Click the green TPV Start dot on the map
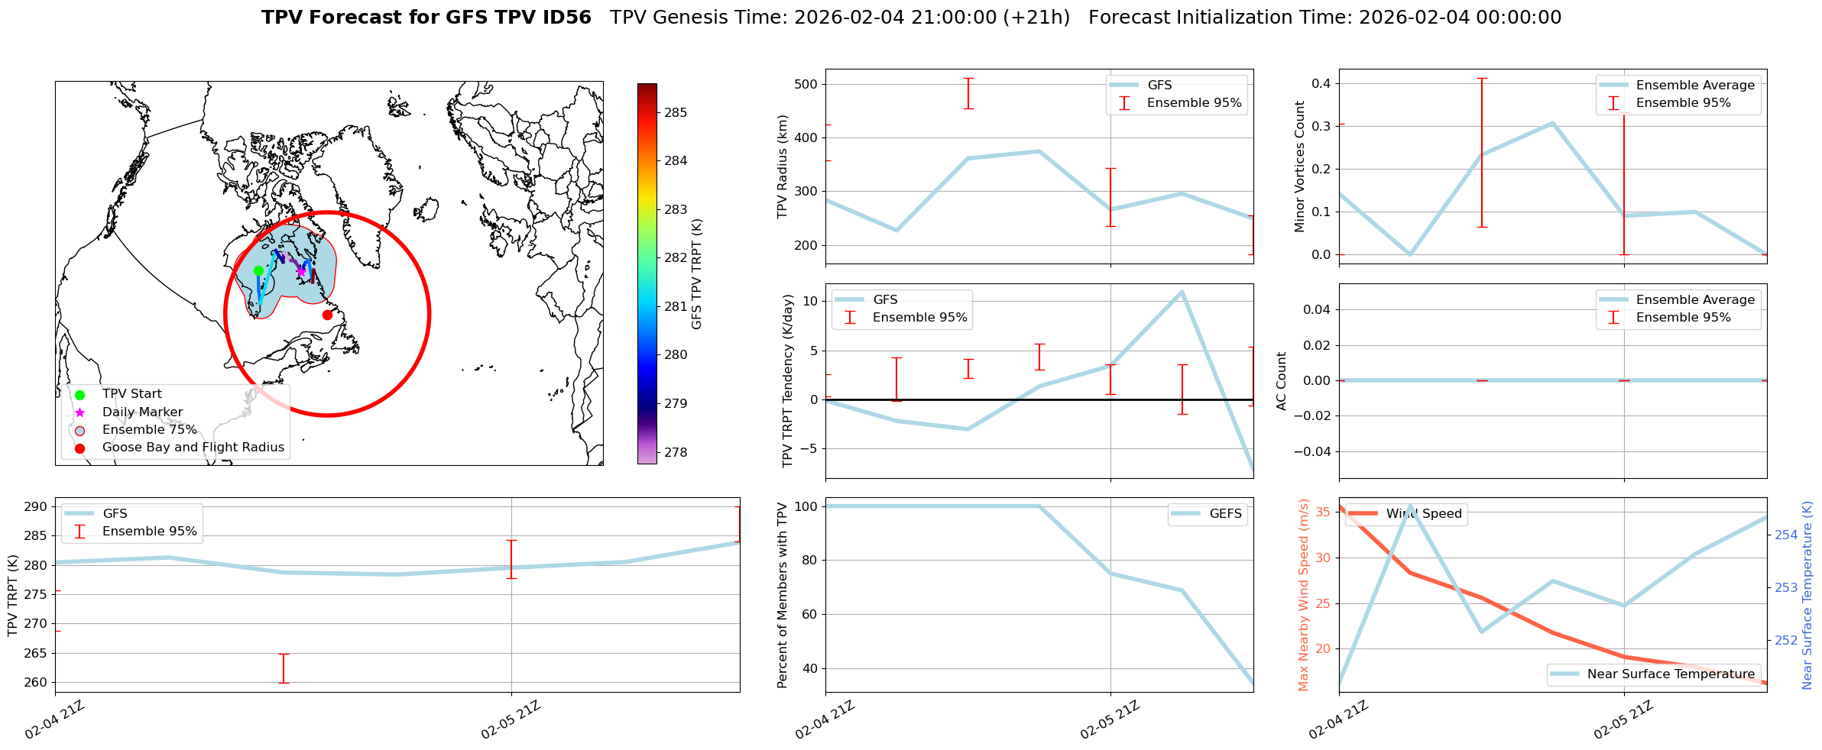click(258, 270)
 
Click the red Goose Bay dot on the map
click(327, 315)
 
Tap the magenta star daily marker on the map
click(301, 270)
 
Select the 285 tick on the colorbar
click(676, 112)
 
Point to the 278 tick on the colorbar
click(676, 452)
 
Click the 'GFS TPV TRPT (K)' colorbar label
click(696, 274)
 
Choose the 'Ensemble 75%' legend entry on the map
click(149, 430)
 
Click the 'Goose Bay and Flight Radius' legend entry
click(193, 448)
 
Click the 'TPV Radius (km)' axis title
click(783, 166)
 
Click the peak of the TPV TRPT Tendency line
click(1182, 291)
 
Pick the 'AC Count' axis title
click(1282, 381)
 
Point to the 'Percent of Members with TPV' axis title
click(782, 595)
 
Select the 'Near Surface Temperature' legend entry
click(1671, 674)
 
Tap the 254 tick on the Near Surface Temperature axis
click(1786, 535)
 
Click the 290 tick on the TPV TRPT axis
click(37, 506)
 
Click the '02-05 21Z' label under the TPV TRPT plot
click(511, 719)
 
